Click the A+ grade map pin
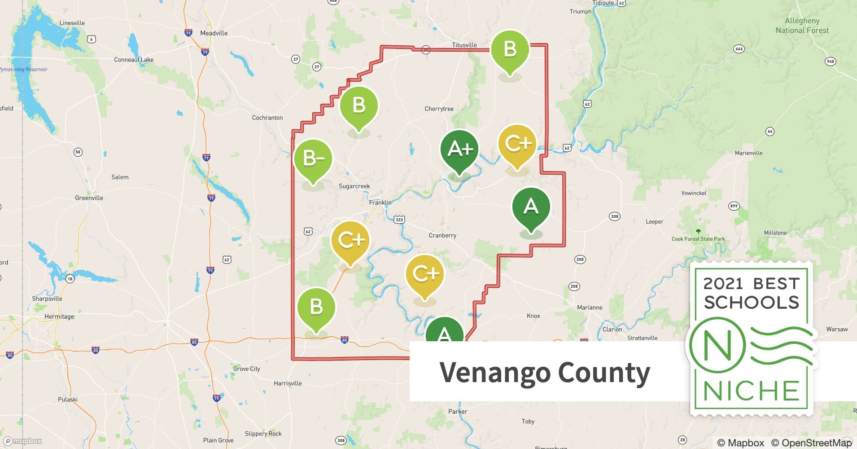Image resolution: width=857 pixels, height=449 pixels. point(459,150)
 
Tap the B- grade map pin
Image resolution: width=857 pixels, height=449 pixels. point(313,159)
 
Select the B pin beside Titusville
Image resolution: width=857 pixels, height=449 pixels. point(510,50)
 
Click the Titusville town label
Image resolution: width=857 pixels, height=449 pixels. point(464,45)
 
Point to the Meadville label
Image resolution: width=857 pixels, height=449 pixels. point(214,33)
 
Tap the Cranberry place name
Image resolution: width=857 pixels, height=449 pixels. point(442,235)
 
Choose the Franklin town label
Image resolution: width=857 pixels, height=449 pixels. point(380,202)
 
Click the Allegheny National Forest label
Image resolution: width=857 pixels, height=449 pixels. point(802,26)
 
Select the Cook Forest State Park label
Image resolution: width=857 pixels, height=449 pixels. point(698,239)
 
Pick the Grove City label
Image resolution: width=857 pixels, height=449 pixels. point(246,369)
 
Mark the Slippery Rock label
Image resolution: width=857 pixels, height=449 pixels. point(263,434)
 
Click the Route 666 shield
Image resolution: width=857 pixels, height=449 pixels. point(739,49)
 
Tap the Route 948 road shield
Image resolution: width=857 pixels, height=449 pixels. point(831,62)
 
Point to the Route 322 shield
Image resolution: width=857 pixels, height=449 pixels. point(399,220)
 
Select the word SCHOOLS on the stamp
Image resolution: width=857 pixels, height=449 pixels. point(752,302)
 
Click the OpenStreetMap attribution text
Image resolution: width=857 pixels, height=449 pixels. point(811,443)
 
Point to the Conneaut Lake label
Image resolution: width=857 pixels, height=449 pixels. point(134,60)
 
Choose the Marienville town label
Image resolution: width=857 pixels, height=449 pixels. point(748,153)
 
